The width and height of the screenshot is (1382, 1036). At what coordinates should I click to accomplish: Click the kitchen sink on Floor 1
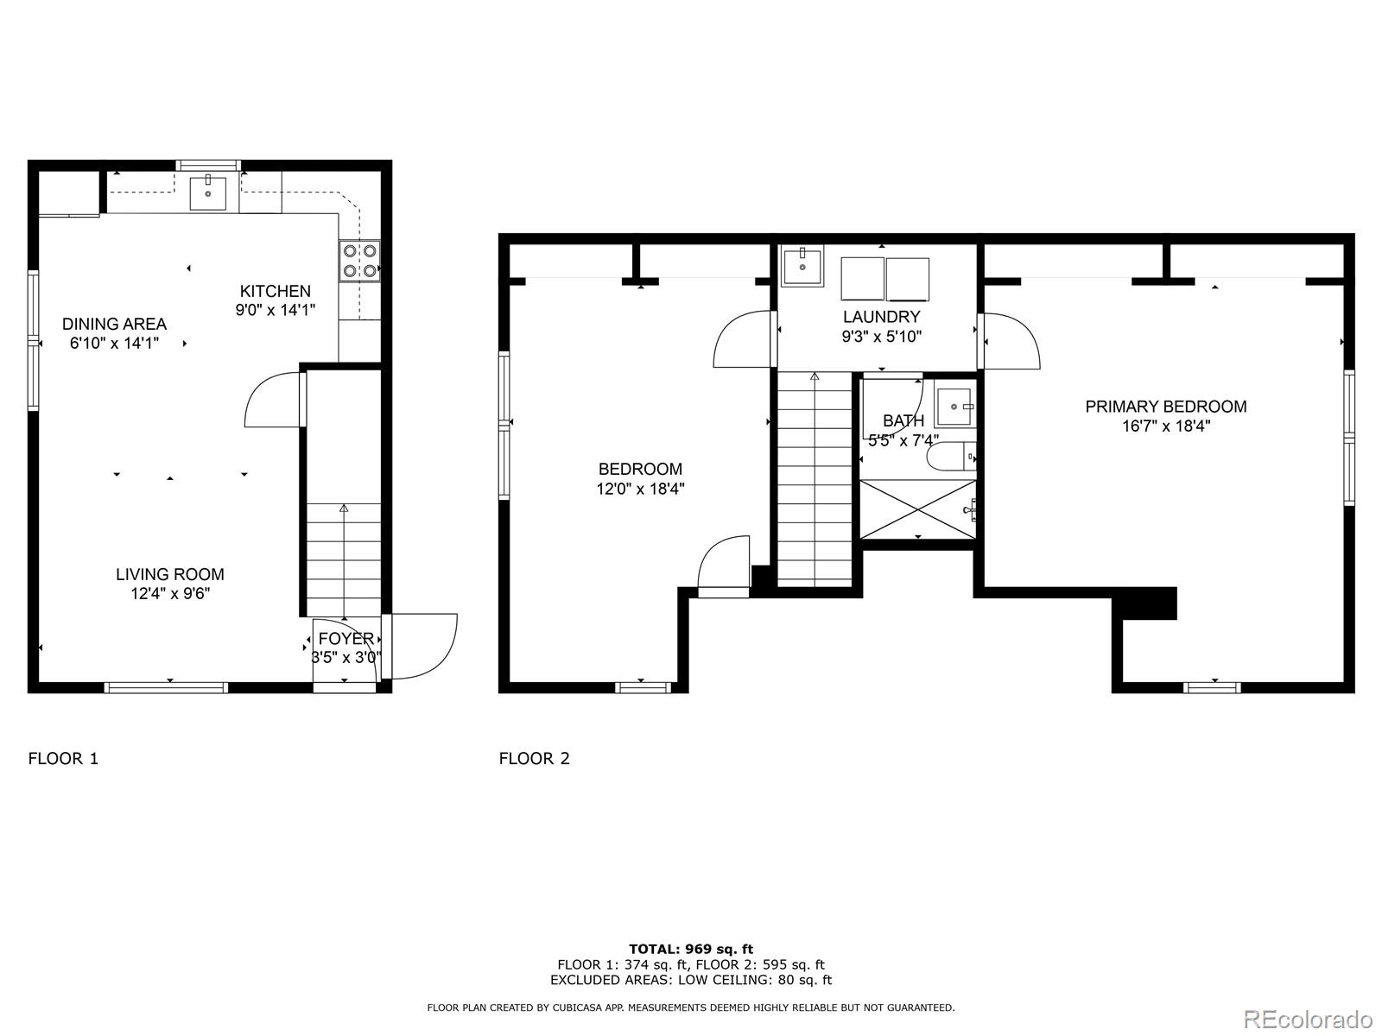[x=208, y=193]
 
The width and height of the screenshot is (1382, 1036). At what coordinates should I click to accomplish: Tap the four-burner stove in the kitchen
[x=359, y=261]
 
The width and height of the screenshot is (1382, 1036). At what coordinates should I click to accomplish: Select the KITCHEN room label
[x=276, y=291]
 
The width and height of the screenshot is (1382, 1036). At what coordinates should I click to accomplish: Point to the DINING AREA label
[x=114, y=324]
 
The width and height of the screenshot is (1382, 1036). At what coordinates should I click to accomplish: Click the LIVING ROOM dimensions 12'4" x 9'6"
[x=170, y=593]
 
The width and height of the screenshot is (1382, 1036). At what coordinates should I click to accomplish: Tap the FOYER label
[x=345, y=639]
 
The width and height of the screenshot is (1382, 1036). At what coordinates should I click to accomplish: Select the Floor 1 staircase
[x=344, y=559]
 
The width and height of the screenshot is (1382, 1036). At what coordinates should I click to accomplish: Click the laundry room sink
[x=802, y=267]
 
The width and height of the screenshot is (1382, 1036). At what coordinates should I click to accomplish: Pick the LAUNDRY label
[x=882, y=316]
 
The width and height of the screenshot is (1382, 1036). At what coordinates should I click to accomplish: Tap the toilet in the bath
[x=951, y=456]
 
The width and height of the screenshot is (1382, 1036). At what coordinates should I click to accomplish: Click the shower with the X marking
[x=918, y=509]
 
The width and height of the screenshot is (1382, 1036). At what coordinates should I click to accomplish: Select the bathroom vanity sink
[x=954, y=407]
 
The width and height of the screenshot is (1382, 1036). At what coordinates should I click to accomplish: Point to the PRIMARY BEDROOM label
[x=1166, y=407]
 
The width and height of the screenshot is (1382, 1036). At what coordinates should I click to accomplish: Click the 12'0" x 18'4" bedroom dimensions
[x=640, y=489]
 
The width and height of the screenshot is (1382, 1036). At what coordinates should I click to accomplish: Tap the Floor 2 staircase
[x=815, y=479]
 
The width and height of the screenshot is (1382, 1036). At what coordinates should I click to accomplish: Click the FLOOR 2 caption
[x=534, y=759]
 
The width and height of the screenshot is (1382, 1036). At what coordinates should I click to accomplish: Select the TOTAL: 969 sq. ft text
[x=691, y=949]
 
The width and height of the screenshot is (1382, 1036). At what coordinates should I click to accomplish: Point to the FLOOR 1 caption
[x=63, y=759]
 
